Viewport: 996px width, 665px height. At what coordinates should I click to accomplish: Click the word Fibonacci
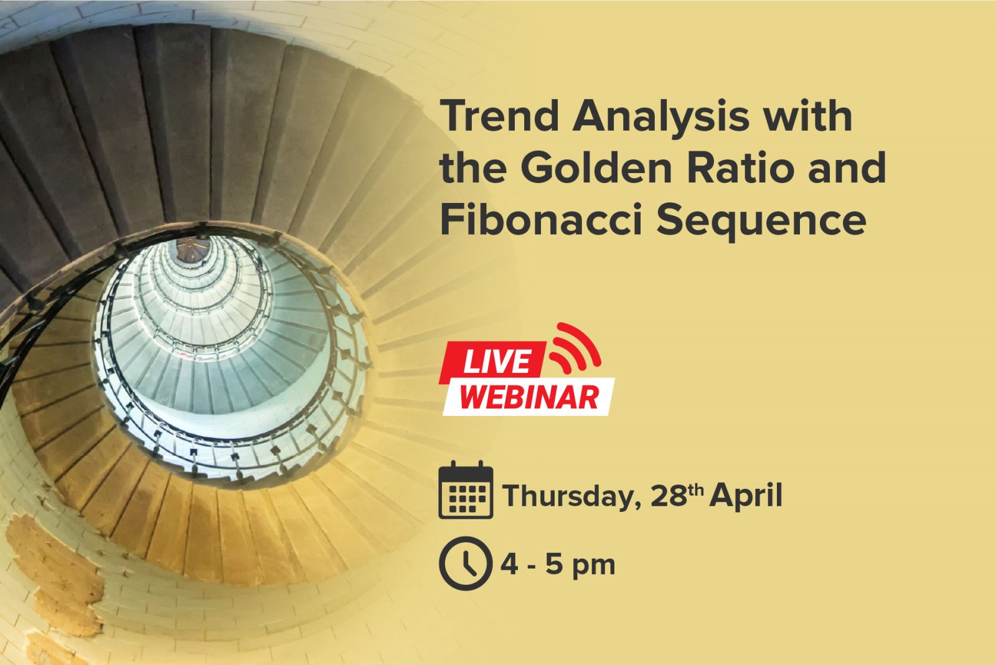coord(541,219)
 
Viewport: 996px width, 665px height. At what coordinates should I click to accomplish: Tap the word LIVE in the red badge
coord(497,361)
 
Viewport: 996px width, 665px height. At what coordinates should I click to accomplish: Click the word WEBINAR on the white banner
coord(529,397)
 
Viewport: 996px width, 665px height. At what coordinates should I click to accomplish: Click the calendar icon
coord(466,490)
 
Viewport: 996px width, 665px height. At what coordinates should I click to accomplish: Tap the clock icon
coord(466,563)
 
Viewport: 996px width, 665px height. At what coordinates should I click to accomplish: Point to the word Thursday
coord(572,496)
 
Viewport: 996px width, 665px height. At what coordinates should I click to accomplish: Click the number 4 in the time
coord(510,565)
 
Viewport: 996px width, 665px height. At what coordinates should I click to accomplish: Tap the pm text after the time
coord(593,567)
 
